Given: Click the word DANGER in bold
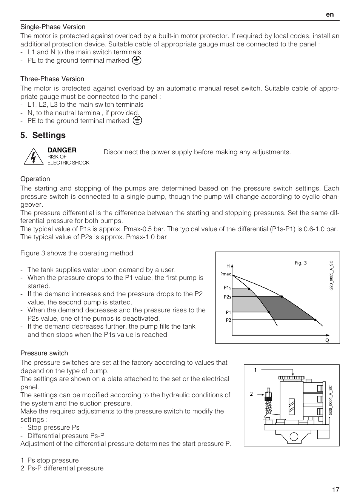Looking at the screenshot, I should [62, 150].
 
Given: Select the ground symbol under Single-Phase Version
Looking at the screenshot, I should [137, 60].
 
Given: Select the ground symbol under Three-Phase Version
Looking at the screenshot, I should [137, 121].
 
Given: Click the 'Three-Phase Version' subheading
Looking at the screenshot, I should [52, 79].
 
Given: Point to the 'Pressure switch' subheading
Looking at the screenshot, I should [44, 353].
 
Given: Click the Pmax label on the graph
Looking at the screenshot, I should [225, 274].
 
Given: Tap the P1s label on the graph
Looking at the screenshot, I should [227, 288].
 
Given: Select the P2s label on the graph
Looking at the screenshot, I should [227, 297].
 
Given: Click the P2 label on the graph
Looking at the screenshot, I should [228, 320].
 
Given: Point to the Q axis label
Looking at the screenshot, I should [327, 340].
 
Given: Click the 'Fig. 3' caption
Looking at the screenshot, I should [301, 263].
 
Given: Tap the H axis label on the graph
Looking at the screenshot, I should [228, 266].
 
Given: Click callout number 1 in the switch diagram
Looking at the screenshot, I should [255, 370].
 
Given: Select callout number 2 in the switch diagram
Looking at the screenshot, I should [251, 394].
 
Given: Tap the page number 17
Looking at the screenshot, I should [335, 490].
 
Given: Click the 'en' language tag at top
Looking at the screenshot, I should [330, 14].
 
